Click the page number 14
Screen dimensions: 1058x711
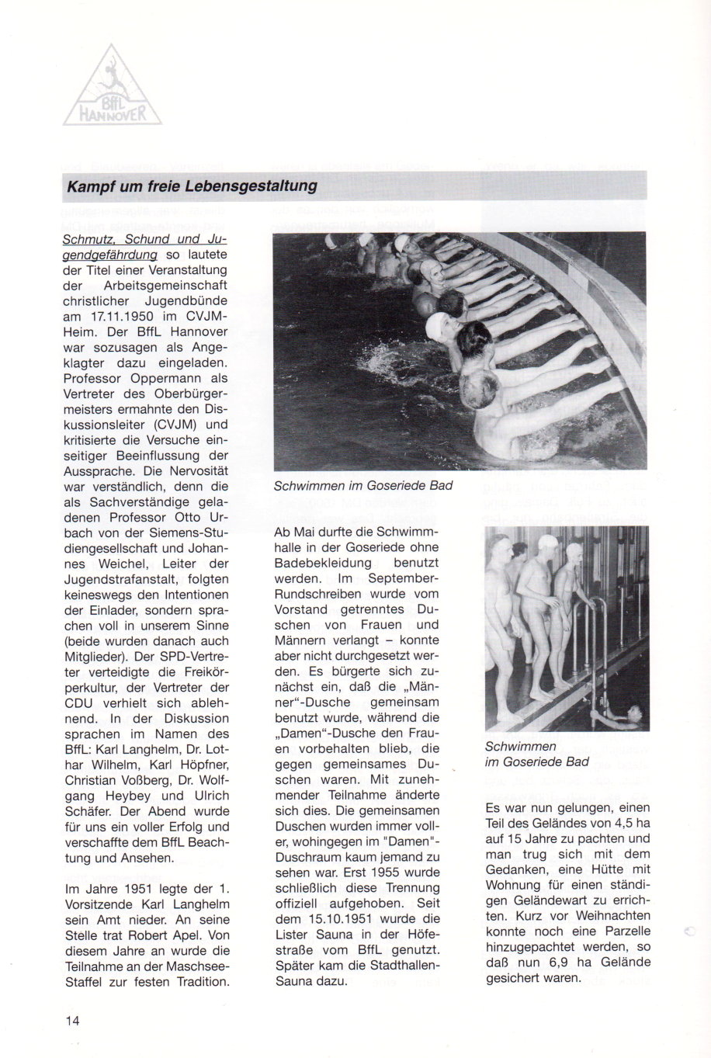[72, 1020]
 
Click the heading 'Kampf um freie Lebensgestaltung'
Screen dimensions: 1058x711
[192, 186]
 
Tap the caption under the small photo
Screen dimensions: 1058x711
[536, 754]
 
